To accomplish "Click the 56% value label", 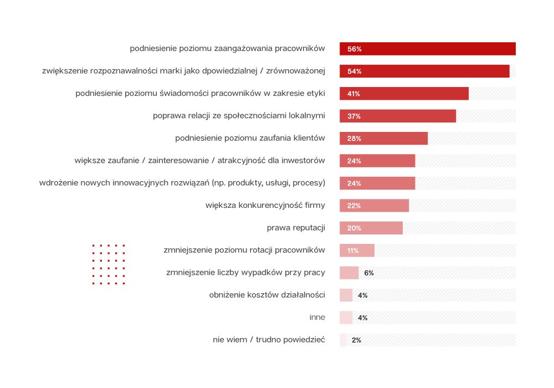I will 355,49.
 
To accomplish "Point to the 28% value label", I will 355,139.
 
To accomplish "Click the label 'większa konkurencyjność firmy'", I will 265,206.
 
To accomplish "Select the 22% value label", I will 355,206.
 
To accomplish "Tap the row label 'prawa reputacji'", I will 296,228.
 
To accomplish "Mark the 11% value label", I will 353,251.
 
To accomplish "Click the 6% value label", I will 369,273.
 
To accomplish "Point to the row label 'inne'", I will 317,318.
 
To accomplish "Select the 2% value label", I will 356,340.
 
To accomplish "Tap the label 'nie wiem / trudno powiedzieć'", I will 269,340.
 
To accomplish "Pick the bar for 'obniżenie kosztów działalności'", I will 346,295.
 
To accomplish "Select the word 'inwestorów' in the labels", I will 304,161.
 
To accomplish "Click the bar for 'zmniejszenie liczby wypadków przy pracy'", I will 349,273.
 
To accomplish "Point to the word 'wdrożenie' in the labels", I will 58,183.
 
